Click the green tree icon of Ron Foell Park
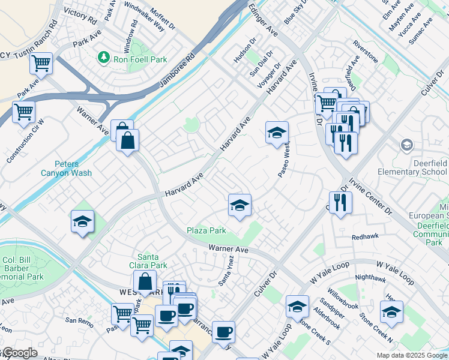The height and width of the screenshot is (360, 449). click(104, 57)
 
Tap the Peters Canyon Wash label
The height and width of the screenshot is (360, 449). click(73, 169)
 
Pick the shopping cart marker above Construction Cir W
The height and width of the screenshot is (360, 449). click(23, 111)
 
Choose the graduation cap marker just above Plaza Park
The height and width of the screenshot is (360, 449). click(240, 206)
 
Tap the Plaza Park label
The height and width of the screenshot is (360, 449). click(206, 230)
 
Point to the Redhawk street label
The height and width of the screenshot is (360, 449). click(366, 237)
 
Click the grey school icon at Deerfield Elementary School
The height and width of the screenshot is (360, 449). click(407, 145)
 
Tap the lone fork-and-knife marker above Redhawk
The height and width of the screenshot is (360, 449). click(340, 202)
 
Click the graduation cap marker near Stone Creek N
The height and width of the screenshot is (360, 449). click(391, 311)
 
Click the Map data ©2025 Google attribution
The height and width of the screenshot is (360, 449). click(411, 355)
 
